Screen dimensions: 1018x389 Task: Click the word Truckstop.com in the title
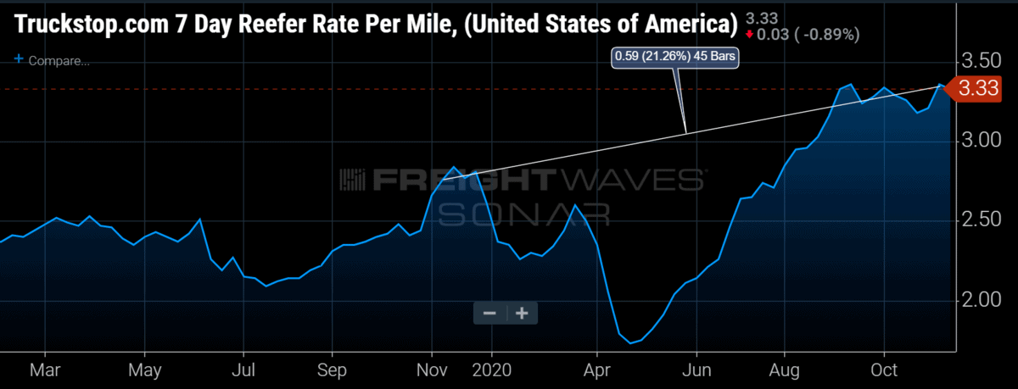point(92,24)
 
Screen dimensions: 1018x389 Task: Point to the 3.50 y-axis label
point(982,61)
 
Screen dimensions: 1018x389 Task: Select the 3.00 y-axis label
point(982,140)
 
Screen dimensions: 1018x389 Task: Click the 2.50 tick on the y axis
point(982,220)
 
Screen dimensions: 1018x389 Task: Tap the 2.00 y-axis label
point(982,299)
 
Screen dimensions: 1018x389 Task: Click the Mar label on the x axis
point(45,370)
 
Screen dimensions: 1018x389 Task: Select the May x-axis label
point(144,371)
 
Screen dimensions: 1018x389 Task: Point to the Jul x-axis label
point(243,370)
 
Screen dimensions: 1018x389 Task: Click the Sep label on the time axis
point(332,371)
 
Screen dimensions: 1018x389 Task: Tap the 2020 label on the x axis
point(492,370)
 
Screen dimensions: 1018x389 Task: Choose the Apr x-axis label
point(596,371)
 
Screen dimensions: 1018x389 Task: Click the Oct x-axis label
point(884,370)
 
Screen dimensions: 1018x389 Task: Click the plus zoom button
point(523,314)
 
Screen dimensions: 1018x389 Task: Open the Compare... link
point(53,60)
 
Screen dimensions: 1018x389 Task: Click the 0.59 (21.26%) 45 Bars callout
point(675,56)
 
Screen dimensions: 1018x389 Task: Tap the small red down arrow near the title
point(749,35)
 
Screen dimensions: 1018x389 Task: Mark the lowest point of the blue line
point(630,343)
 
